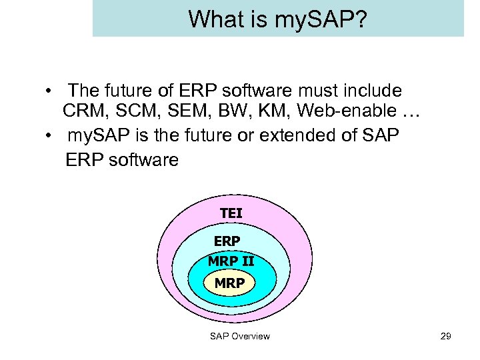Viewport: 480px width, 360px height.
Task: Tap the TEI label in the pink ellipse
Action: point(231,213)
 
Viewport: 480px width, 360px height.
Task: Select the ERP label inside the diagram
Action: point(227,241)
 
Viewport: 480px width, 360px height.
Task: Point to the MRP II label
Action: point(231,261)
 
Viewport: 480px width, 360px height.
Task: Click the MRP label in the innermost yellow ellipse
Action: point(229,283)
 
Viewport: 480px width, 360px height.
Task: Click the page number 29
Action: point(446,336)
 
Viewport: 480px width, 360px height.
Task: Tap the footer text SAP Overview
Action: point(240,336)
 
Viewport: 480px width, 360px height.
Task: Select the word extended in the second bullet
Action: point(298,136)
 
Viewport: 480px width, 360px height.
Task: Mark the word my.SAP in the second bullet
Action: point(94,137)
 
